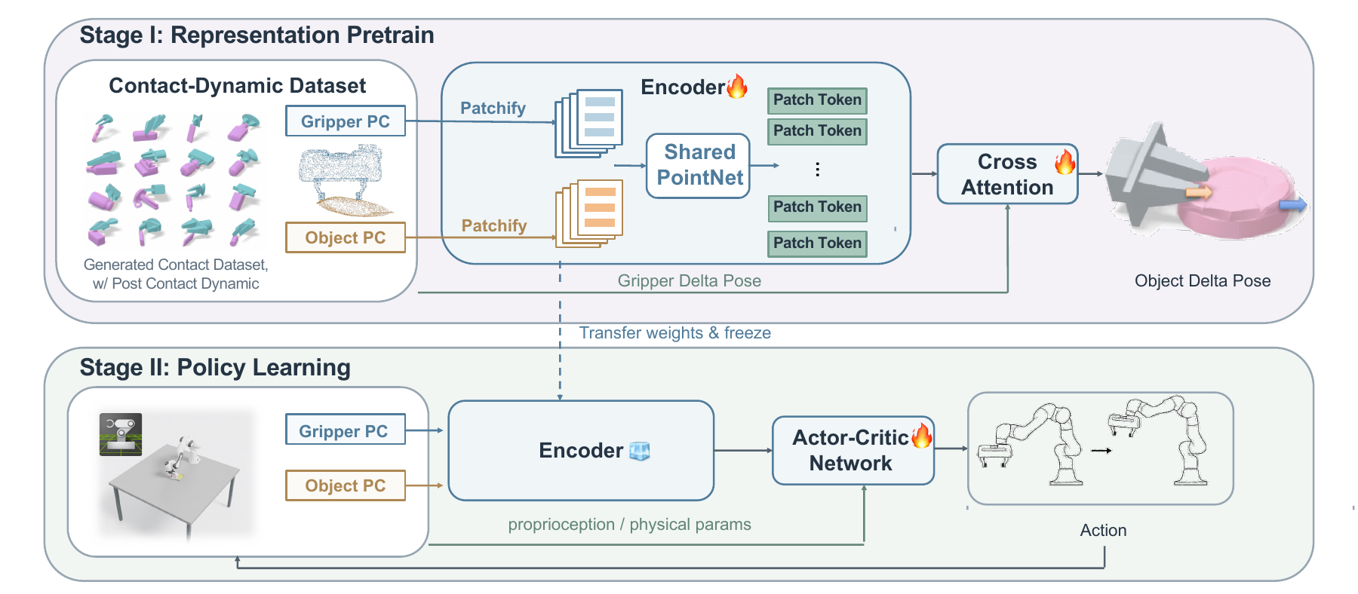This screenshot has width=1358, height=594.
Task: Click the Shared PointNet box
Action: pos(698,166)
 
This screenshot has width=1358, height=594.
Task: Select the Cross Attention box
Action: pos(1007,174)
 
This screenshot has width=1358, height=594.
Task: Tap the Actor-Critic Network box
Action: pos(853,450)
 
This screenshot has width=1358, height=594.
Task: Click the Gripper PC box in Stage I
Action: pos(346,121)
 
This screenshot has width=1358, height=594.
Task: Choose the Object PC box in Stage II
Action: pos(346,485)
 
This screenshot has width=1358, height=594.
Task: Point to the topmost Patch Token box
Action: pos(817,100)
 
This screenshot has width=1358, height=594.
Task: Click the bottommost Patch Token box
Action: pos(817,243)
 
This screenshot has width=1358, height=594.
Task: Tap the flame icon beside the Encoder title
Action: pos(737,86)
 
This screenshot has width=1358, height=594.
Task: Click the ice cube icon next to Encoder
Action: pos(640,451)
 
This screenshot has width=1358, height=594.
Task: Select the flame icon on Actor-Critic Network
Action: pos(922,435)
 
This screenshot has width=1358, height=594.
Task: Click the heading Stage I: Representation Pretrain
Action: pos(257,35)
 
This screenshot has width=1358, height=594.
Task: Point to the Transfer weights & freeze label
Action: pos(675,332)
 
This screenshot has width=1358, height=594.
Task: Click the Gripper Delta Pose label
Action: pos(690,280)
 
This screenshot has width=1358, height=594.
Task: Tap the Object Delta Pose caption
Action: pos(1203,280)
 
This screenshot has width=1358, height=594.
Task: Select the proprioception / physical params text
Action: pos(630,525)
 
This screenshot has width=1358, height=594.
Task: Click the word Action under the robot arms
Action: pos(1103,530)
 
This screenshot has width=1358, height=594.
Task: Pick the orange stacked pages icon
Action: pos(589,213)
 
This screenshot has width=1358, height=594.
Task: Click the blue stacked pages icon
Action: pos(589,124)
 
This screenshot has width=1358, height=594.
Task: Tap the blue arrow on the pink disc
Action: pos(1293,205)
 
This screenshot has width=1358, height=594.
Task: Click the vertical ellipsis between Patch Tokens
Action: pos(817,170)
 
